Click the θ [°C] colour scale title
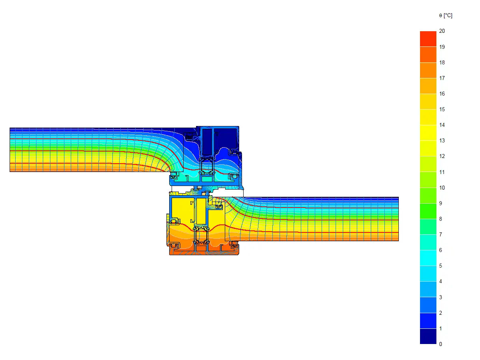[446, 16]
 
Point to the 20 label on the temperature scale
[442, 31]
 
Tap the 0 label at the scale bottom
[440, 344]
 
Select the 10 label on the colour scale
[442, 188]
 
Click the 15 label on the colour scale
[442, 110]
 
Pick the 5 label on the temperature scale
[440, 266]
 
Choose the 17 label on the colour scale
[442, 78]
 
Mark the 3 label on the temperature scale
[440, 297]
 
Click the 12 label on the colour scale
[442, 156]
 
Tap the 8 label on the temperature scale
[440, 219]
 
